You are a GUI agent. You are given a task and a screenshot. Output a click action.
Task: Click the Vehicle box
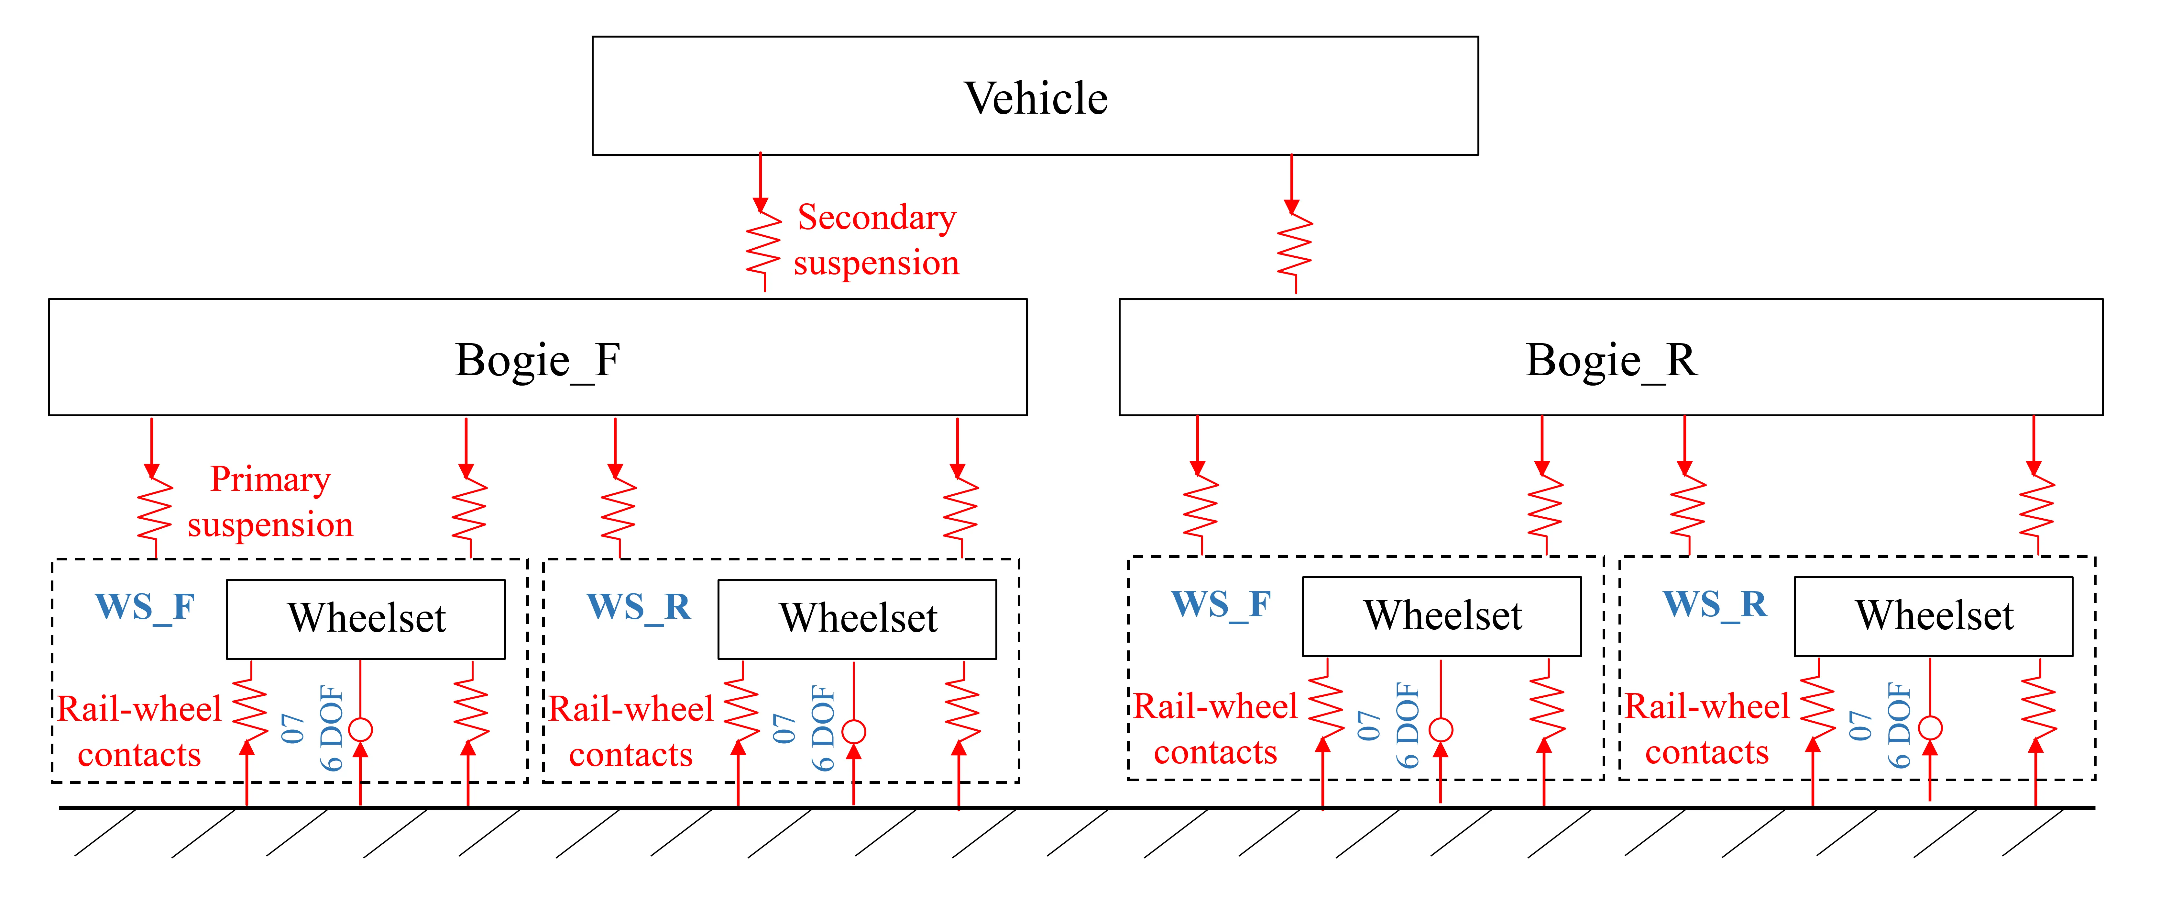(1035, 96)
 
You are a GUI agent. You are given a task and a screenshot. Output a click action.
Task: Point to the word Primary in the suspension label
(270, 480)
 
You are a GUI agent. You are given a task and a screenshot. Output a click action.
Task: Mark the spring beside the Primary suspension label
(155, 509)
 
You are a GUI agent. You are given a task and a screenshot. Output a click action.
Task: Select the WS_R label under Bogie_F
(639, 607)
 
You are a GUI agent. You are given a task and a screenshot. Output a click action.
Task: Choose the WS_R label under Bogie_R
(1715, 604)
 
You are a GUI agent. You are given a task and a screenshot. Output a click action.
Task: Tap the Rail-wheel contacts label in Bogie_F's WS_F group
(140, 731)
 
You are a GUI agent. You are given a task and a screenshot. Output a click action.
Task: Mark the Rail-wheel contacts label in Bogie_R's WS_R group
(1707, 729)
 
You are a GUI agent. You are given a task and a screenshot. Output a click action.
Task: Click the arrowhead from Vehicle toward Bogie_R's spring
(1291, 206)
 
